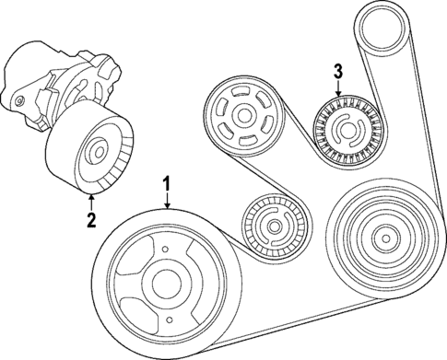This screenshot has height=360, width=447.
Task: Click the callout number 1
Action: (167, 183)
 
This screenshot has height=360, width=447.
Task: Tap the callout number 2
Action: (90, 218)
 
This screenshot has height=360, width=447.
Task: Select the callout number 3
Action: (338, 71)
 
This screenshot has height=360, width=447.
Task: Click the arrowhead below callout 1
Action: (167, 210)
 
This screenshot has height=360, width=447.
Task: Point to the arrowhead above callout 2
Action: (90, 196)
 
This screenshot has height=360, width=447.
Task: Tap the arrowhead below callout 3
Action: (338, 96)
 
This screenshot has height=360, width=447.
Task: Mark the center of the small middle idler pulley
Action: (271, 227)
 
